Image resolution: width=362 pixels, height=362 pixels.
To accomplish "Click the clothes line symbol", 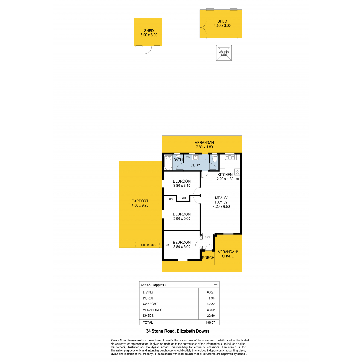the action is coord(224,53).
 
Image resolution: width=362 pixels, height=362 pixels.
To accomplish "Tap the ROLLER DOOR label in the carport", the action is coord(148,245).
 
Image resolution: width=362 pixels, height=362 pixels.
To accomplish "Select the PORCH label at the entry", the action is coord(208,258).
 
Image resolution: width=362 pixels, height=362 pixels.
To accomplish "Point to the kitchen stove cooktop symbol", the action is coord(237,171).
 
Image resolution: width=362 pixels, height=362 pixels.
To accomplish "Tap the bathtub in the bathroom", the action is coord(168,162).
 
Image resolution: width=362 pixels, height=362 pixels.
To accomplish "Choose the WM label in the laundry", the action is coord(188,157).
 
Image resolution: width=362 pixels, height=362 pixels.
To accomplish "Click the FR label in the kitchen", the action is coord(237,179).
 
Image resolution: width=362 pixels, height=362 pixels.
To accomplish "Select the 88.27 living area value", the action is coord(211,292).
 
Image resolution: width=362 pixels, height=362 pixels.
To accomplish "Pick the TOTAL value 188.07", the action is coord(210,322).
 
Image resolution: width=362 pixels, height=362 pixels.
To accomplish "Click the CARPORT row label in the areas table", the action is coord(150,304).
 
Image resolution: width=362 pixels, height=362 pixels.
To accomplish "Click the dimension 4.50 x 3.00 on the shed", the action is coord(222,26).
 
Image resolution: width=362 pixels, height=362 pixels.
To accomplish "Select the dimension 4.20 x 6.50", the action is coord(221,206).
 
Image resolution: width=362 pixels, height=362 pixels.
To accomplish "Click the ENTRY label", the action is coord(208,237).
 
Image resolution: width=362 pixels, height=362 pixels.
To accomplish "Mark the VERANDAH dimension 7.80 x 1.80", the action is coord(204,147).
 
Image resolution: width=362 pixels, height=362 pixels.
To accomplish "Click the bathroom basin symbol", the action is coord(178,156).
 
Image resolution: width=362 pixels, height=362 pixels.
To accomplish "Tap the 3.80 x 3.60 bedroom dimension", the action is coord(182,218).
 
